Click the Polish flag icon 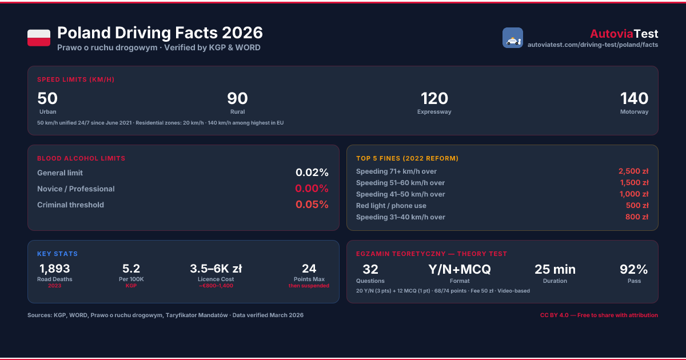click(39, 38)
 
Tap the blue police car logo click(513, 38)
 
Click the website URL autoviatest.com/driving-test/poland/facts click(593, 45)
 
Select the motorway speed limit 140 click(634, 98)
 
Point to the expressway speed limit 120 click(434, 98)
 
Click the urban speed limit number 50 click(47, 98)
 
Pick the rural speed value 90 click(237, 98)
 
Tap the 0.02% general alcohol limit click(312, 173)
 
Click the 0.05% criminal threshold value click(312, 204)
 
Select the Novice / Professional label click(76, 189)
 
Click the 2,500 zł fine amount click(633, 171)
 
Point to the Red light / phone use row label click(391, 205)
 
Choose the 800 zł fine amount click(637, 217)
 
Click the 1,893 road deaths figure click(55, 269)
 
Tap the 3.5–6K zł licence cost click(216, 269)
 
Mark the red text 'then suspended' click(309, 286)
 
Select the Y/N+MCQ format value click(460, 269)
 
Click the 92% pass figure click(633, 269)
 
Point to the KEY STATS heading click(58, 254)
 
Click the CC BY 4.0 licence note click(599, 315)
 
